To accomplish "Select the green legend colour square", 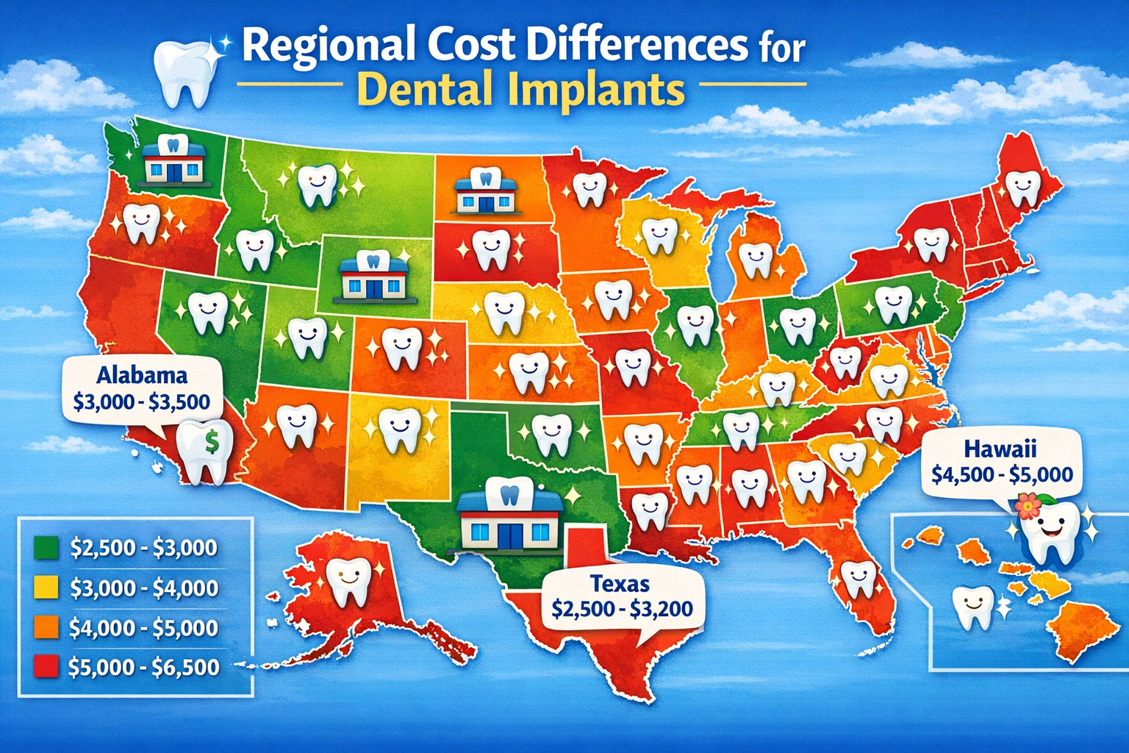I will click(x=46, y=548).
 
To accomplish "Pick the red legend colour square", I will click(x=46, y=667).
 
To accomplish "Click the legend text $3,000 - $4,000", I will click(x=144, y=588).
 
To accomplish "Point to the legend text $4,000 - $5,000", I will click(x=144, y=628).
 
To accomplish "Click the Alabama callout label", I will click(x=142, y=375).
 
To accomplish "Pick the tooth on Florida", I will click(x=856, y=579).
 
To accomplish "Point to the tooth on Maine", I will click(x=1022, y=188).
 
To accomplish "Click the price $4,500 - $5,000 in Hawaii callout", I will click(x=1002, y=474).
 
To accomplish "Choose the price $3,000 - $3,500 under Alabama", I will click(x=142, y=402).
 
